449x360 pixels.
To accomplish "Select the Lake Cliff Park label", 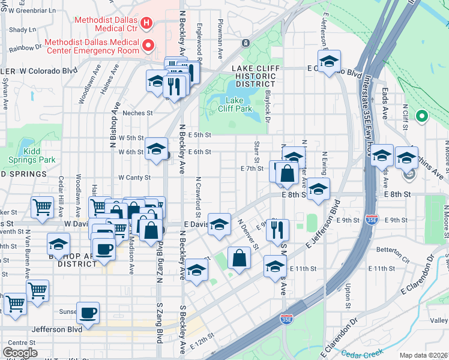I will (x=238, y=104).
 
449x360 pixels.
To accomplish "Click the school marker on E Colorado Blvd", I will (x=329, y=62).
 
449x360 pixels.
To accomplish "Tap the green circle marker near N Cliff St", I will (x=421, y=116).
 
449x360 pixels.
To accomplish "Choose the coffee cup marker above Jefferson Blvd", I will (x=88, y=313).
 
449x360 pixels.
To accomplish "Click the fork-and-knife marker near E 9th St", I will (x=277, y=229).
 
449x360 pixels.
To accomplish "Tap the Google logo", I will (x=20, y=353).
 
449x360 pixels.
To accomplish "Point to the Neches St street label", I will (x=138, y=113).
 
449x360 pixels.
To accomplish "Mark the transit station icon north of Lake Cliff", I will (x=246, y=43).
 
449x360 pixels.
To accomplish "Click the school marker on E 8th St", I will (x=318, y=188).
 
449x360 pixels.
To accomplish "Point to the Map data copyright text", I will (x=424, y=355).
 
